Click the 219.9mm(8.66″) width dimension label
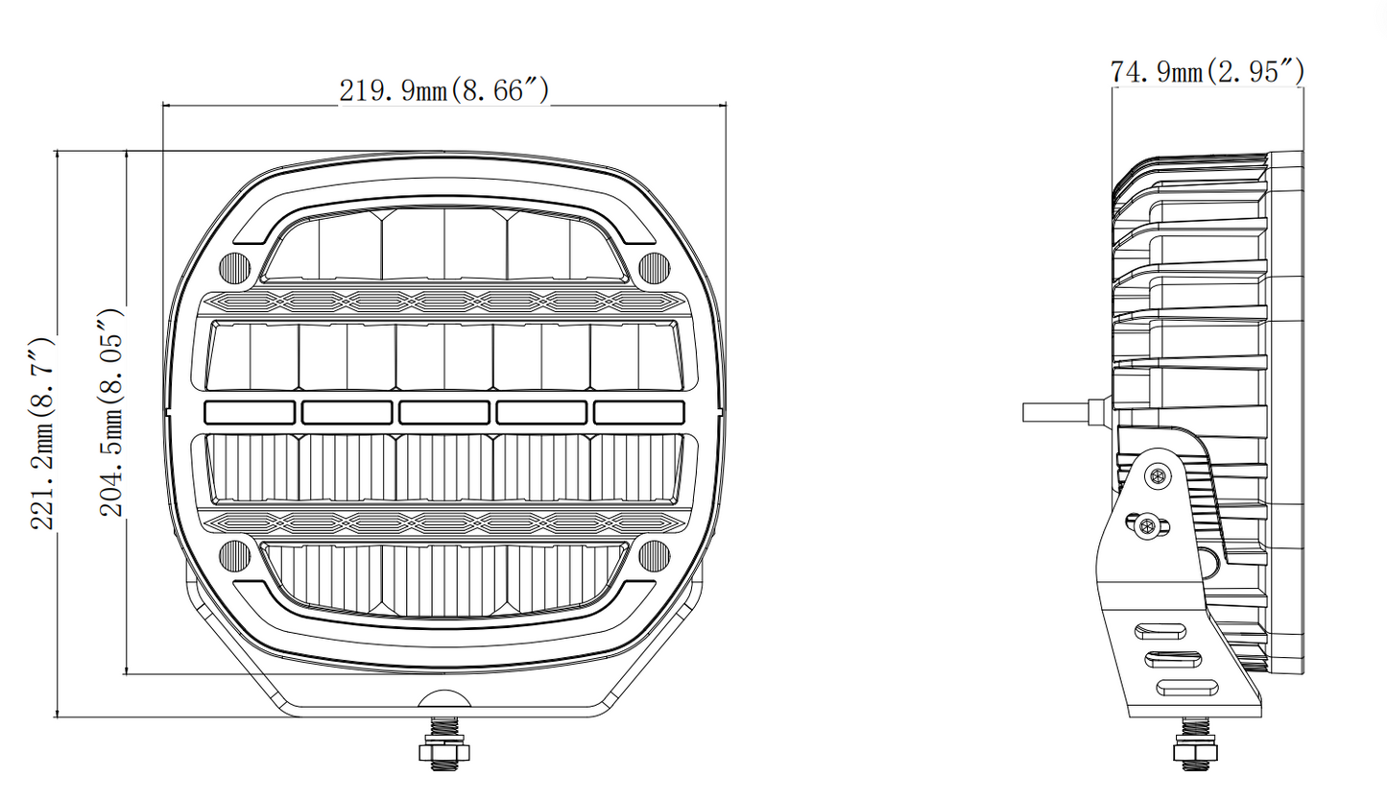click(x=444, y=90)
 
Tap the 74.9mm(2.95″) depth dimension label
click(x=1208, y=72)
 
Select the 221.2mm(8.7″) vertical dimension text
click(x=43, y=434)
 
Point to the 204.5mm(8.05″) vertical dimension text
click(x=112, y=413)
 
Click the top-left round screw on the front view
click(x=234, y=268)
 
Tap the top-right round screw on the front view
click(x=654, y=268)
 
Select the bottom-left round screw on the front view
click(x=234, y=555)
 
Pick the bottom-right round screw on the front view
click(x=654, y=555)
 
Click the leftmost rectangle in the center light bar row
click(x=250, y=413)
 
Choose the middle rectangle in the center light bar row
click(x=444, y=413)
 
